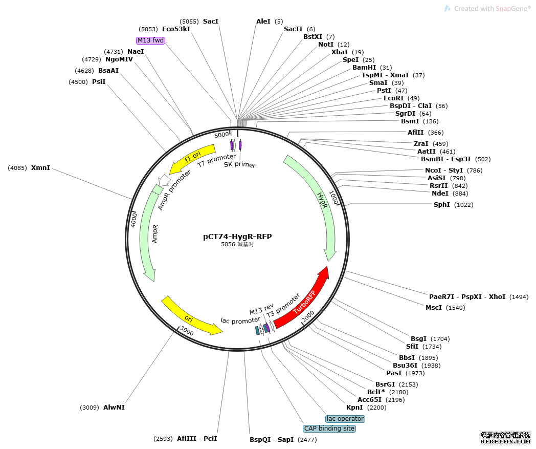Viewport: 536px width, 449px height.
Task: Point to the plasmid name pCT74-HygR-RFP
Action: point(237,237)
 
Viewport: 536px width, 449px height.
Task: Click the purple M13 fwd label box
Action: point(150,40)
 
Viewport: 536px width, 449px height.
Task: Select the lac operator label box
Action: point(345,419)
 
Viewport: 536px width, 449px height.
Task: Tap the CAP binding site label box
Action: point(329,429)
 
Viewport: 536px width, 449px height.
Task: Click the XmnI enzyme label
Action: point(40,167)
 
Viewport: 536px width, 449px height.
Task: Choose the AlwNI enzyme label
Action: point(114,408)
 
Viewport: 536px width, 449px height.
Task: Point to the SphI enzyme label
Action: point(442,205)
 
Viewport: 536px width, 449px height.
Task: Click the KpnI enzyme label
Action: point(354,408)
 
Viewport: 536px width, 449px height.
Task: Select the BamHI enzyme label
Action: point(364,68)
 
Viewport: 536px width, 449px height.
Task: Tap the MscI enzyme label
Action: point(434,308)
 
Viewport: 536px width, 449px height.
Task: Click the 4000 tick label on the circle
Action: point(133,220)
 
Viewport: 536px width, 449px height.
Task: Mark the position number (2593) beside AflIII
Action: point(164,439)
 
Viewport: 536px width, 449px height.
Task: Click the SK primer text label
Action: point(239,164)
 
